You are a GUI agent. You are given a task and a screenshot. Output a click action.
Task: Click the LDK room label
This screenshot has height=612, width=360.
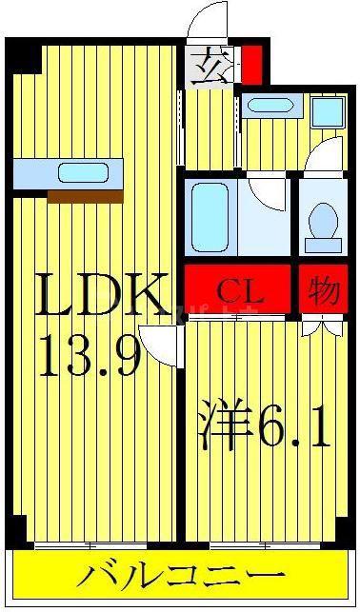click(x=101, y=294)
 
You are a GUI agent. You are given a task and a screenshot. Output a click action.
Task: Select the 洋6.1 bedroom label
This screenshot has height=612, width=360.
click(x=265, y=424)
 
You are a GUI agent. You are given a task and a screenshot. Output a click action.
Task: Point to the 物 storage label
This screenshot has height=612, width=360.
click(x=323, y=290)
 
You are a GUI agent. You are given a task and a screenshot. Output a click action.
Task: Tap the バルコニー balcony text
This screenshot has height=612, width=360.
click(x=180, y=578)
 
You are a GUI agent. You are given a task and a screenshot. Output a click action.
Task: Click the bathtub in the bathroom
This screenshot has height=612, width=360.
click(x=210, y=217)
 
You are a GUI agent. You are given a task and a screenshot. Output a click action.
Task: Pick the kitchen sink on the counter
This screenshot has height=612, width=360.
click(x=83, y=172)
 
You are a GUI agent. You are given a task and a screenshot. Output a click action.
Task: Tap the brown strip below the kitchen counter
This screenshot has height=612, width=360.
click(x=86, y=197)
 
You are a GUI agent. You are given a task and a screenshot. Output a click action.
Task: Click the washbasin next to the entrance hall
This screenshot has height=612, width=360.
click(x=270, y=106)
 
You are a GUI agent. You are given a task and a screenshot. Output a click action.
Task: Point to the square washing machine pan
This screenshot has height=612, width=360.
click(x=328, y=112)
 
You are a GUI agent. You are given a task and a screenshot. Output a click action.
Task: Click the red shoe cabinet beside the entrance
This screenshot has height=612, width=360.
click(x=251, y=65)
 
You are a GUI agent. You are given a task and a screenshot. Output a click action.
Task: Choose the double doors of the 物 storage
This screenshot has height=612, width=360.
click(x=323, y=327)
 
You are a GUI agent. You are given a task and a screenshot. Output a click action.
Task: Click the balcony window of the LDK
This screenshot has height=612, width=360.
click(x=90, y=545)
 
